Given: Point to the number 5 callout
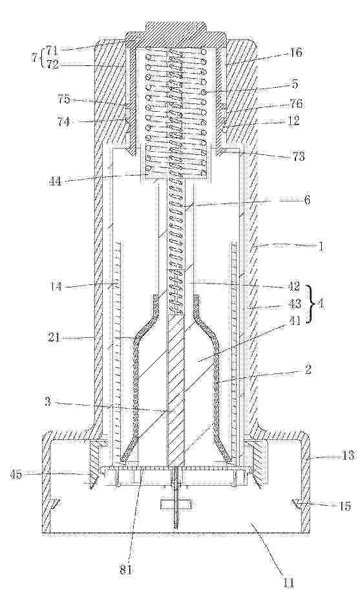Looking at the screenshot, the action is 295,85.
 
